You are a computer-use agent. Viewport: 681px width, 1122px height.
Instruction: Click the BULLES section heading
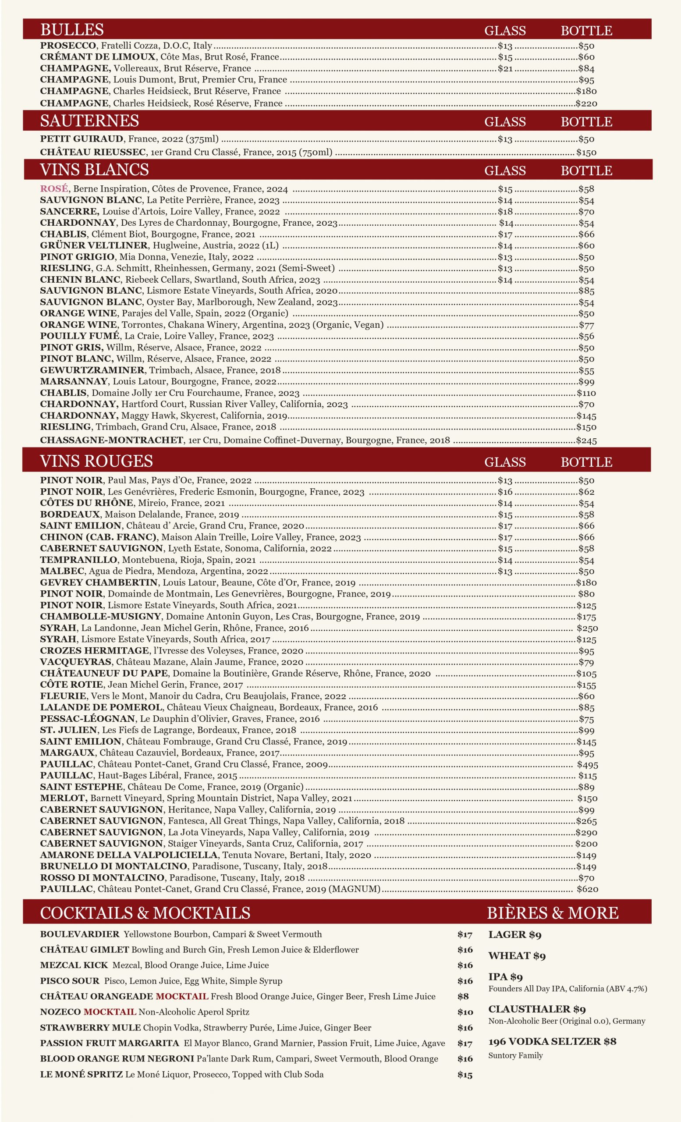(x=72, y=30)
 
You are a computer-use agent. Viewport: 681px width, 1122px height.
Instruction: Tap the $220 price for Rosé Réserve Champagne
(x=586, y=103)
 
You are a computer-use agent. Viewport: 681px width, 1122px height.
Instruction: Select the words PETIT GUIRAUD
(x=82, y=139)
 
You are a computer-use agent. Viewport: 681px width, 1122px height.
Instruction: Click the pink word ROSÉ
(x=54, y=188)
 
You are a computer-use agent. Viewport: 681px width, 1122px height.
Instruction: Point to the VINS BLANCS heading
(x=94, y=170)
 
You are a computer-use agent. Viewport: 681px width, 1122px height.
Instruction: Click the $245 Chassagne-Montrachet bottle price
(x=586, y=440)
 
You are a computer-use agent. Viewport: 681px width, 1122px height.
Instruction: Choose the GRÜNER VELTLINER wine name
(x=94, y=245)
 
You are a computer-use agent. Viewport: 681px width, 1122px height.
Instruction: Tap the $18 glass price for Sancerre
(x=505, y=211)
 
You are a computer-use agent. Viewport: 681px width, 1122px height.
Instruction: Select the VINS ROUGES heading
(x=96, y=461)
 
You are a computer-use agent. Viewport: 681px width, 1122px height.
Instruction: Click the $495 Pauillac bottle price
(x=587, y=764)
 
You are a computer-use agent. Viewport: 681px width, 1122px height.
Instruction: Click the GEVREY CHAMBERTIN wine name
(x=99, y=582)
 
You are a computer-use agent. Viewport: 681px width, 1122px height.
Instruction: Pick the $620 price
(x=587, y=889)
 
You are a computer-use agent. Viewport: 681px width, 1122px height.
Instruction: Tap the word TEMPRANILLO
(x=79, y=560)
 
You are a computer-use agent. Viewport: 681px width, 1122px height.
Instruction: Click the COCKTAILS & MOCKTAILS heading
(x=145, y=913)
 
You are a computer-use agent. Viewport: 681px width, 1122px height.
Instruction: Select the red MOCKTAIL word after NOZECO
(x=110, y=1012)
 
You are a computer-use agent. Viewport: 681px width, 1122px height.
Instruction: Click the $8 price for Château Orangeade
(x=463, y=996)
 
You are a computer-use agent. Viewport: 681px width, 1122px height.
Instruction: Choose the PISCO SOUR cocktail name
(x=69, y=981)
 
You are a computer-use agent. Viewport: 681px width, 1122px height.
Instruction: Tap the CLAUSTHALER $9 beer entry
(x=537, y=1009)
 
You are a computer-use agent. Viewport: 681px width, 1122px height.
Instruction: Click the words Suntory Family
(x=515, y=1055)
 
